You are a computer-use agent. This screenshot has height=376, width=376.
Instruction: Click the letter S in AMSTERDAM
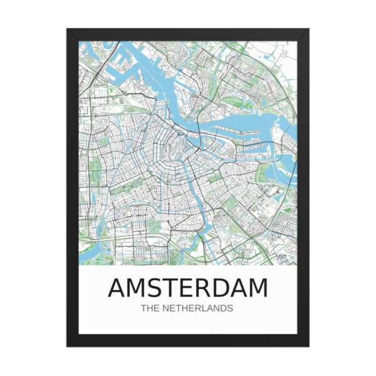tap(155, 288)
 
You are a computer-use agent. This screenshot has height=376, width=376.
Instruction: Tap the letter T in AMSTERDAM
tap(172, 288)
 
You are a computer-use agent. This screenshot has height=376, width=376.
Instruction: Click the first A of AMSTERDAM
tap(117, 288)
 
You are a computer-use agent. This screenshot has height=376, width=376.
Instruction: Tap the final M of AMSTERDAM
tap(258, 288)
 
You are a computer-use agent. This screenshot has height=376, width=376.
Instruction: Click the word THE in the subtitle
tap(151, 308)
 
